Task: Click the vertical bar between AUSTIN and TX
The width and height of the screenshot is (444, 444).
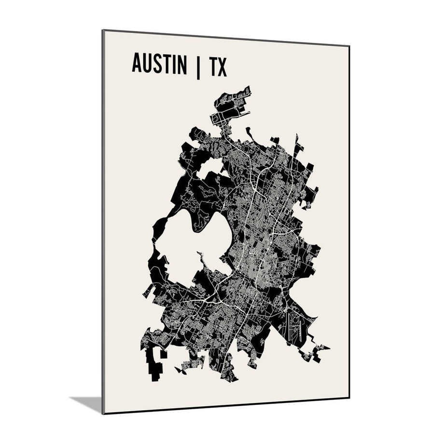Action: pos(197,67)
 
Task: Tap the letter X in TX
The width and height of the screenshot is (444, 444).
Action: pos(222,68)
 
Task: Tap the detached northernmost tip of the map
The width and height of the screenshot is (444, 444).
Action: pos(232,104)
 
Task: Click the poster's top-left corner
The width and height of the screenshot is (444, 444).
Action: pos(102,30)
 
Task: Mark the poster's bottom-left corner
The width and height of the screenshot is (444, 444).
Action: pos(103,413)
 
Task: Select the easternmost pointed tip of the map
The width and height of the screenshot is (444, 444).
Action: pos(329,347)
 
